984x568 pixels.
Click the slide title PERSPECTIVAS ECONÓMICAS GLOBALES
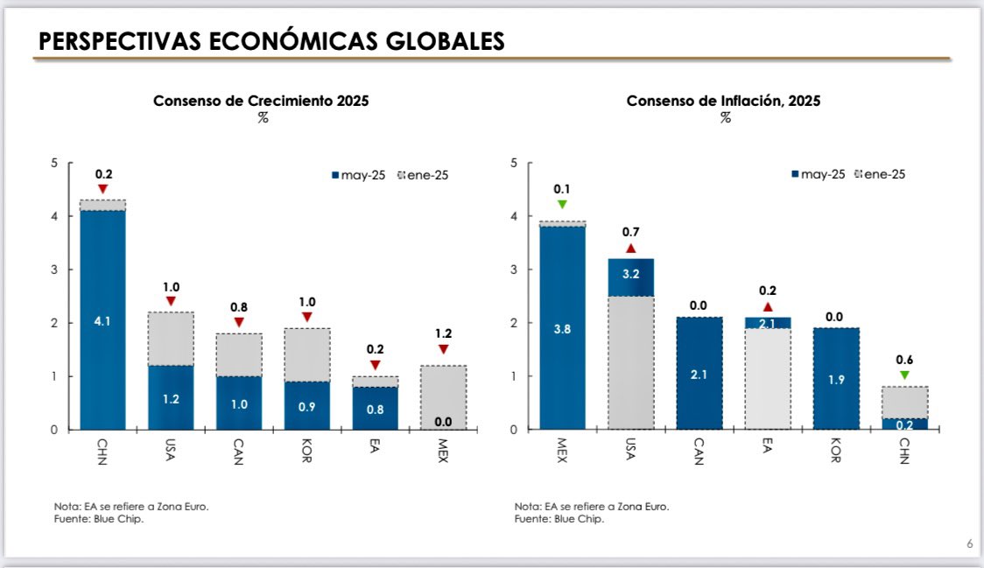[x=271, y=40]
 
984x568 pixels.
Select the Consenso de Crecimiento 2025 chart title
[x=261, y=101]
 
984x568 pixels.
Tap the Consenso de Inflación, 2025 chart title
[x=723, y=101]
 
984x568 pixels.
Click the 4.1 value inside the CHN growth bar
[x=102, y=321]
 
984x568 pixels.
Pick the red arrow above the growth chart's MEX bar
[x=443, y=349]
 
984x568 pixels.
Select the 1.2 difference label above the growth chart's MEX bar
[x=443, y=333]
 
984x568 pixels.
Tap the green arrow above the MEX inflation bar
[x=562, y=205]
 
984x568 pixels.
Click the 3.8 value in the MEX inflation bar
[x=562, y=330]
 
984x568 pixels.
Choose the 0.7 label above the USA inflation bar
[x=630, y=232]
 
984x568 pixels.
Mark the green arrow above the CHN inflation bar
[x=904, y=375]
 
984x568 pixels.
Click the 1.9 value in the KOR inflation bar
[x=836, y=381]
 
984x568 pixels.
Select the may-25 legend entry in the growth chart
[x=362, y=175]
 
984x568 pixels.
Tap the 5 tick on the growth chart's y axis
[x=54, y=163]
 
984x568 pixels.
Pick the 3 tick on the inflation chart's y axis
[x=514, y=270]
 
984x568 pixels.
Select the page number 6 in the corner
[x=969, y=544]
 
